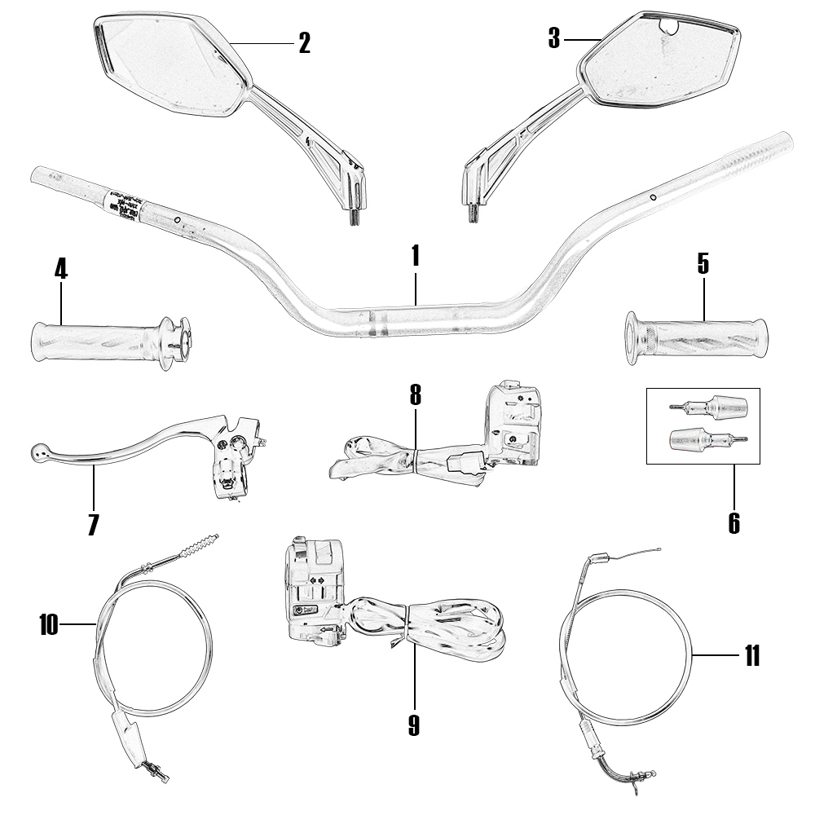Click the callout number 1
click(x=415, y=256)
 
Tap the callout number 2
click(x=304, y=43)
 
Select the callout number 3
click(x=554, y=38)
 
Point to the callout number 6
click(x=733, y=522)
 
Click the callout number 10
click(x=50, y=625)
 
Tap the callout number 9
click(x=414, y=725)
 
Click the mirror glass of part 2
click(x=171, y=65)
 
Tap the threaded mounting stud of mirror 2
click(x=354, y=217)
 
